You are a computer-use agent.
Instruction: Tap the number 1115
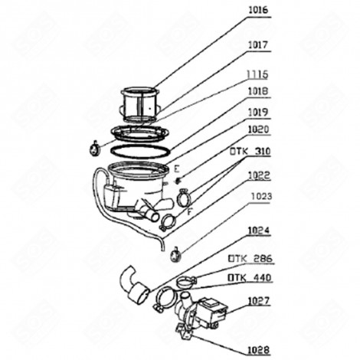click(258, 75)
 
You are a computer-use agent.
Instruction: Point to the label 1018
click(258, 90)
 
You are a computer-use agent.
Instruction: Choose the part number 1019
click(258, 111)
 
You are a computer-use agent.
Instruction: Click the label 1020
click(258, 129)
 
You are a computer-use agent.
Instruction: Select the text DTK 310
click(249, 151)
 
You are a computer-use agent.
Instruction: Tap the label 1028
click(259, 349)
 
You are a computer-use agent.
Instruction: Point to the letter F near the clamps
click(189, 211)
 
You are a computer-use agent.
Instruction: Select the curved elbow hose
click(136, 286)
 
